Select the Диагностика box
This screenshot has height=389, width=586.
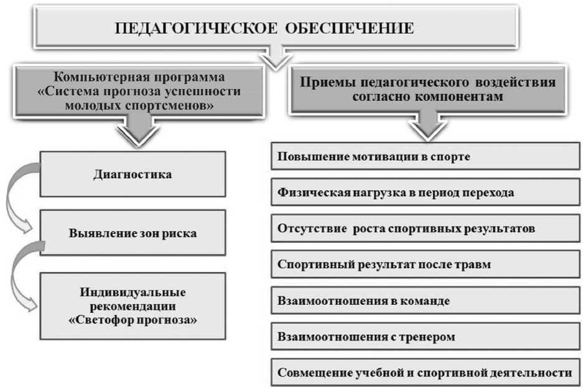point(133,174)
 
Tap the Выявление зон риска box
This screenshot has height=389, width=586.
point(133,234)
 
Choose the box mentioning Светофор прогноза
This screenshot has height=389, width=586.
point(133,306)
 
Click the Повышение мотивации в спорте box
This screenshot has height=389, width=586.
point(426,156)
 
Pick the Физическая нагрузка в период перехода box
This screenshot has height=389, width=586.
point(426,192)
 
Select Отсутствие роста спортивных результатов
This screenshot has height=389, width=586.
point(426,228)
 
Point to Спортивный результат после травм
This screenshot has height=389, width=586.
point(426,265)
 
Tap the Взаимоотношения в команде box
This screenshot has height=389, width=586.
point(426,301)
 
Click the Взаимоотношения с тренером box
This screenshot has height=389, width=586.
point(426,337)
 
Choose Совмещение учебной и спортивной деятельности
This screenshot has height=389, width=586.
point(426,373)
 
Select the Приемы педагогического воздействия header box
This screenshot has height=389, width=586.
point(429,90)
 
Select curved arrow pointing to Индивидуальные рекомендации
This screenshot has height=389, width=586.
point(17,274)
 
